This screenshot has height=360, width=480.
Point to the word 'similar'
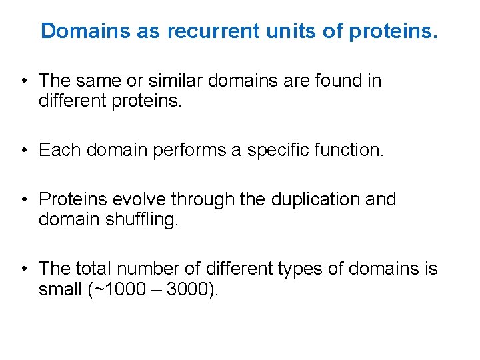(x=177, y=81)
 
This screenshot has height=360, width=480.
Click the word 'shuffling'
(x=141, y=219)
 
